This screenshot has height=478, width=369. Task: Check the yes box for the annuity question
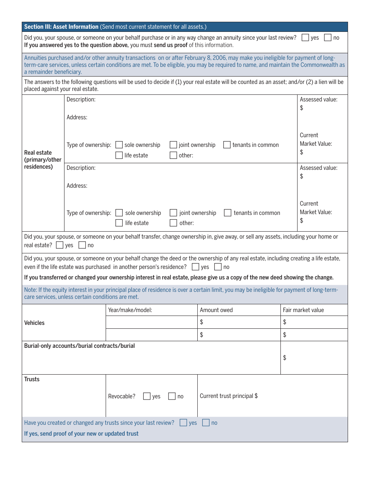305,38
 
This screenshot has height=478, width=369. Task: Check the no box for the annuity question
328,38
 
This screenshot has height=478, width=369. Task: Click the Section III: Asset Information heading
61,27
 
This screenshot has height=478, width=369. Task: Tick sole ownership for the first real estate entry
119,145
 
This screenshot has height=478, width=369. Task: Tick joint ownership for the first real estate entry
173,145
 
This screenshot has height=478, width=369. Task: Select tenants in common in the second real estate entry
228,213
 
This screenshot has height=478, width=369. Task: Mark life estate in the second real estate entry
119,223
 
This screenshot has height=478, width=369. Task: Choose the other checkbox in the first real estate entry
173,155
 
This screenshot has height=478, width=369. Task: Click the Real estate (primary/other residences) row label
43,160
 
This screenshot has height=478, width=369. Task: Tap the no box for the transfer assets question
82,245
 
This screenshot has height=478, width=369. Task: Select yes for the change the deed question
196,267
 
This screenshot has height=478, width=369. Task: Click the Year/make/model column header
130,310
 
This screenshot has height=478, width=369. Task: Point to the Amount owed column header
216,310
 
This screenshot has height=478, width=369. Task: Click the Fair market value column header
303,310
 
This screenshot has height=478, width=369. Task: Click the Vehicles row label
35,323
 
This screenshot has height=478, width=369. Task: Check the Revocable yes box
147,396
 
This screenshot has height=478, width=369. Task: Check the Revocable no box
172,396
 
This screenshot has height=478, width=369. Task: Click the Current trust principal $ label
229,396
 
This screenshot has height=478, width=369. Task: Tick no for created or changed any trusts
206,423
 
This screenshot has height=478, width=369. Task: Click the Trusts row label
32,379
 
